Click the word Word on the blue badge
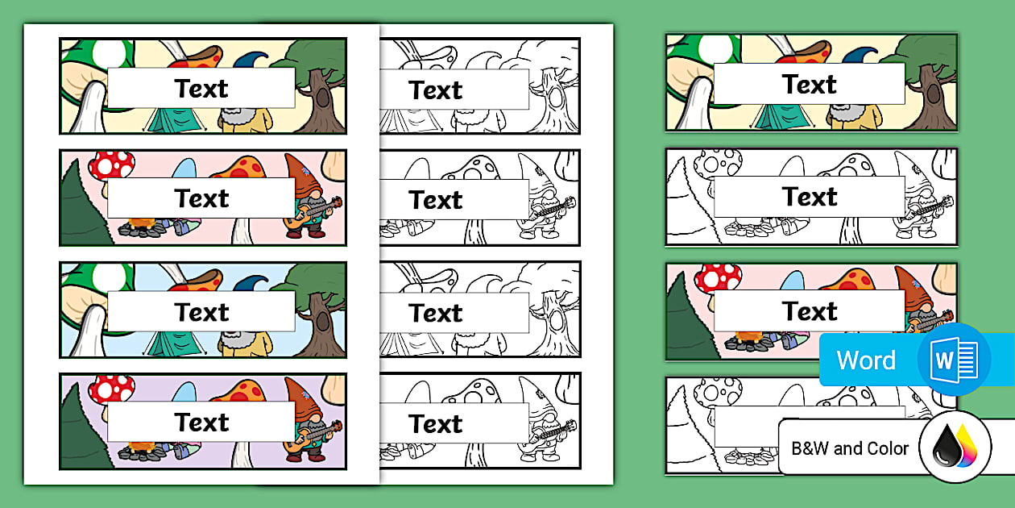[x=866, y=360]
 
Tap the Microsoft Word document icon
[x=954, y=360]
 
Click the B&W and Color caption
[x=850, y=448]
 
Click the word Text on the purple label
[x=201, y=423]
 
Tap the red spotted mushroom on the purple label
[x=111, y=389]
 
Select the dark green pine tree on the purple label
[x=83, y=429]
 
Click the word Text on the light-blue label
[x=201, y=312]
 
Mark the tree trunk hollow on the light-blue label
[x=322, y=321]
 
